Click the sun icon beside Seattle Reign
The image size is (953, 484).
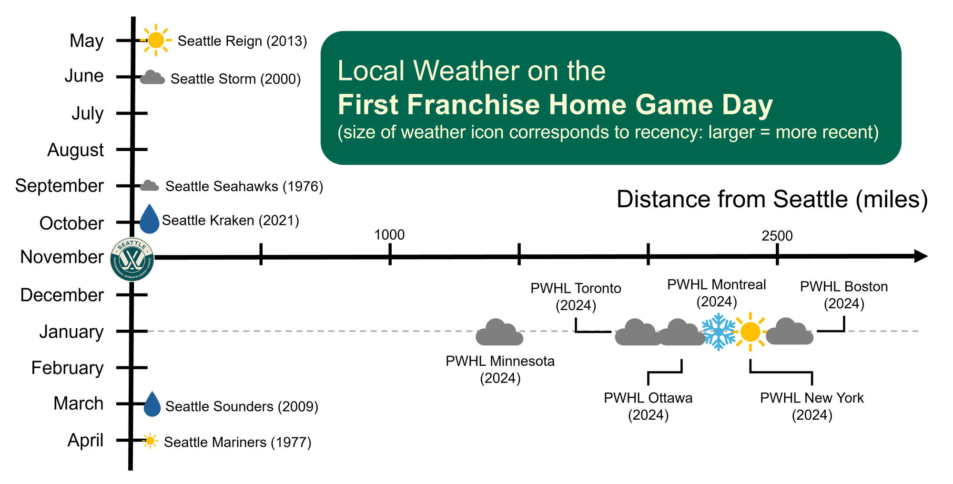coord(156,40)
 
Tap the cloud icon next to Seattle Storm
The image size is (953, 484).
coord(152,77)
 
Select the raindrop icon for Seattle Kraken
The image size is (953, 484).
coord(149,219)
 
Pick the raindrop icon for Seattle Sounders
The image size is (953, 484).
coord(152,404)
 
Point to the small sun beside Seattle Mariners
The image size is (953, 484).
coord(150,441)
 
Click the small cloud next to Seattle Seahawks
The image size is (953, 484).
coord(150,186)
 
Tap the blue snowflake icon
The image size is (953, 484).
coord(719,332)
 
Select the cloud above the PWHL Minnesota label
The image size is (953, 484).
coord(499,332)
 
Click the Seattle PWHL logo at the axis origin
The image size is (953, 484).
coord(132,259)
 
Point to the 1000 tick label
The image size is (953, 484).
coord(389,235)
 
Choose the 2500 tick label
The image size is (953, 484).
coord(777,236)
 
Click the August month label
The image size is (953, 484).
coord(75,150)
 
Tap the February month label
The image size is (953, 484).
coord(67,368)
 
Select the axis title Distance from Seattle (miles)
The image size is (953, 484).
coord(772,199)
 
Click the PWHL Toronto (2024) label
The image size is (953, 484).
coord(576,296)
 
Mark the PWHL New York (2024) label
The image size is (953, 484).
coord(812,406)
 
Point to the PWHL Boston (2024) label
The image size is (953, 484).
coord(844,295)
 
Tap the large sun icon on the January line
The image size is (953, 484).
coord(750,332)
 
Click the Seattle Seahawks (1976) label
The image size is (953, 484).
coord(244,186)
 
